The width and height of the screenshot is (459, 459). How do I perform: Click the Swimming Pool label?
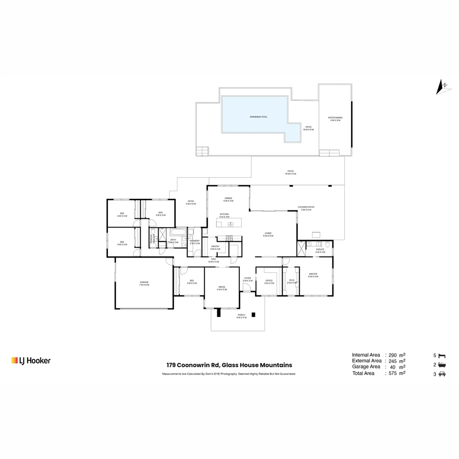(x=258, y=117)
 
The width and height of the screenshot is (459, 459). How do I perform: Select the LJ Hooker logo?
(x=31, y=360)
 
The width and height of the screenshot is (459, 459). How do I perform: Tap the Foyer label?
(x=247, y=279)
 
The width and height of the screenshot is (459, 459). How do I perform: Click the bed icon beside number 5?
(x=442, y=355)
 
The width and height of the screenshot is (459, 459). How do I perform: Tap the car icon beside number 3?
(x=442, y=374)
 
